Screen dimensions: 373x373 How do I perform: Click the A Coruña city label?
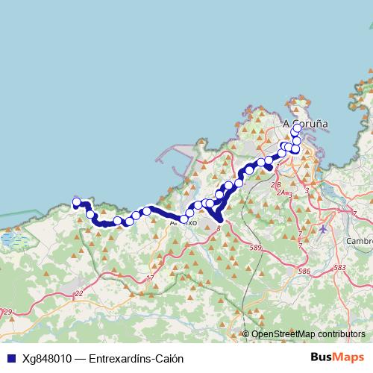click(x=305, y=125)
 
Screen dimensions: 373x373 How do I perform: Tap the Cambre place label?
click(x=360, y=241)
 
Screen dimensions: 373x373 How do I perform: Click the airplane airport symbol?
click(x=322, y=228)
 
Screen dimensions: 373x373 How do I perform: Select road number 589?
click(x=257, y=247)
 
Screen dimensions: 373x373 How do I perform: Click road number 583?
click(x=340, y=268)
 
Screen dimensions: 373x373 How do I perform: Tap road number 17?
click(x=150, y=278)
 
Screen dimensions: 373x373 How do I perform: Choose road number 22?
click(x=79, y=293)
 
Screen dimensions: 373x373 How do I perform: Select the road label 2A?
click(x=282, y=192)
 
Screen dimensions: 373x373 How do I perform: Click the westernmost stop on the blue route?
click(x=76, y=201)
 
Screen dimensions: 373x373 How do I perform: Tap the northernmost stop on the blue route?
click(x=297, y=128)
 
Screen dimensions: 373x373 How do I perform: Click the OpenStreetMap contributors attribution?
click(x=308, y=334)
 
